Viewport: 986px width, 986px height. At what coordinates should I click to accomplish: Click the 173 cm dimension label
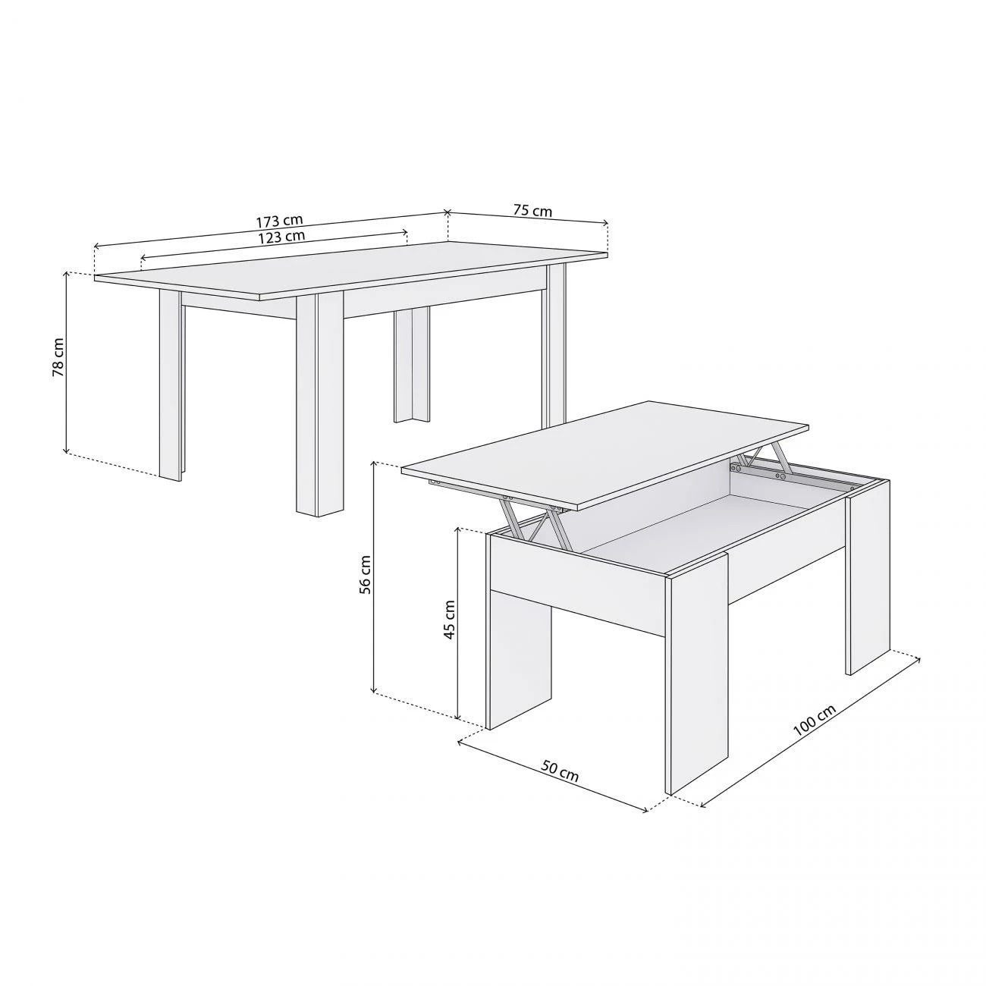[x=279, y=221]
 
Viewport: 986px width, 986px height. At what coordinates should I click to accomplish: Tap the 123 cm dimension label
[x=281, y=236]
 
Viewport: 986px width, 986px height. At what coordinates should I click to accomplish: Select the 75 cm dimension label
[x=532, y=210]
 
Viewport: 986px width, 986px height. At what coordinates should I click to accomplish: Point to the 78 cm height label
[x=58, y=358]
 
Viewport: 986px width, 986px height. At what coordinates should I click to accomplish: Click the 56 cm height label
[x=366, y=575]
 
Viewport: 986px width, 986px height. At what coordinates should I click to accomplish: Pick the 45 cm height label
[x=449, y=620]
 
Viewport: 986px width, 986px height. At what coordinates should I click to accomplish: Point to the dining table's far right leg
[x=556, y=345]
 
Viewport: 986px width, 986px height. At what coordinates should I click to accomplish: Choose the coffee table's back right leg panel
[x=868, y=576]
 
